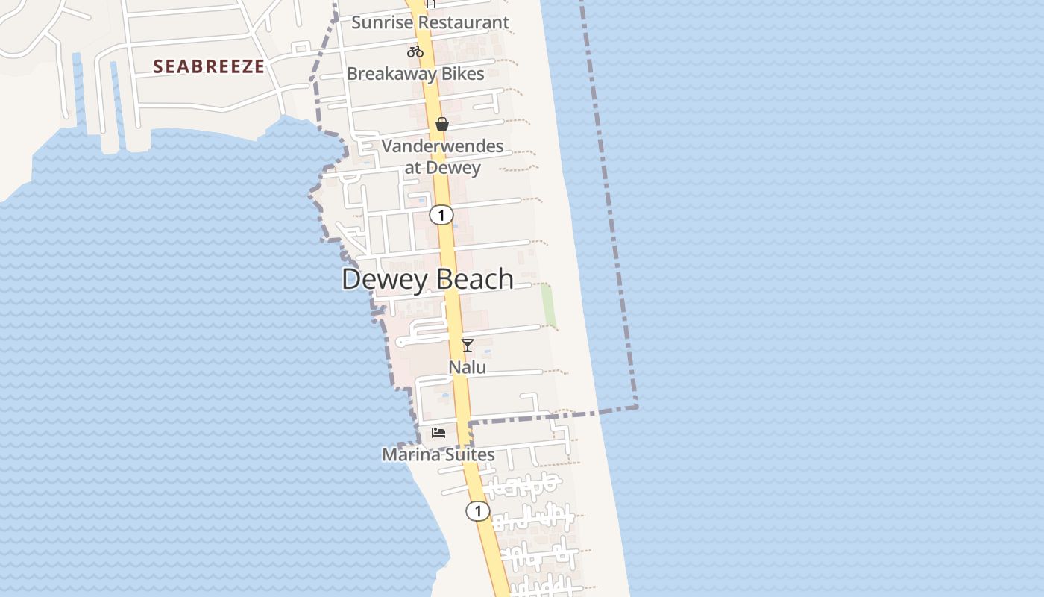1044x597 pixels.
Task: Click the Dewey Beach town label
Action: click(x=427, y=279)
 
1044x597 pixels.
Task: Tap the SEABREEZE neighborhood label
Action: click(x=209, y=66)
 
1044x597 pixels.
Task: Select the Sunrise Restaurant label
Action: click(x=430, y=22)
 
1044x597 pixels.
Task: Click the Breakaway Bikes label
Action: click(x=415, y=74)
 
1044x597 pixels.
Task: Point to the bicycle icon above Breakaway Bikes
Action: click(x=415, y=51)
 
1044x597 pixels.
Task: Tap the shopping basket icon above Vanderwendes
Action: click(x=442, y=124)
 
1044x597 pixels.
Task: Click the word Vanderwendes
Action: click(x=442, y=146)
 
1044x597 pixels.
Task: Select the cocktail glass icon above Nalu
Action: click(x=468, y=345)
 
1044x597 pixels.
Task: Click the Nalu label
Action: click(x=468, y=367)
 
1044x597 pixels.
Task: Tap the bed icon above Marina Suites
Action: click(x=438, y=433)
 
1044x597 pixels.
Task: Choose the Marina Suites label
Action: click(x=438, y=454)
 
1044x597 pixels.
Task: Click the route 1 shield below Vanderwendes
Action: click(x=441, y=216)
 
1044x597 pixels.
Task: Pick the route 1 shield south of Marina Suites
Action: click(x=478, y=511)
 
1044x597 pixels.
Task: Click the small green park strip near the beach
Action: click(x=549, y=304)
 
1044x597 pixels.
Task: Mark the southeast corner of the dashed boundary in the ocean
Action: click(x=637, y=407)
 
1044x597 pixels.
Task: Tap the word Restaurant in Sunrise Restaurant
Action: click(x=463, y=22)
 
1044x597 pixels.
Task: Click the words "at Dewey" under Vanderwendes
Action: click(x=442, y=167)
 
